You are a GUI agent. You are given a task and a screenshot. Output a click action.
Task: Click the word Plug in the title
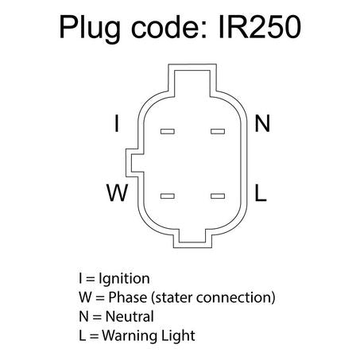(90, 29)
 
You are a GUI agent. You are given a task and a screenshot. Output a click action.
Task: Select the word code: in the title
(169, 26)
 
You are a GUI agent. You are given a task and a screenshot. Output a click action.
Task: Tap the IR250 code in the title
(260, 27)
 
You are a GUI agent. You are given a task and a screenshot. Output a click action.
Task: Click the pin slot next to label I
(168, 131)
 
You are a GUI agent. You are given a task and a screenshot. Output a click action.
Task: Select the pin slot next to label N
(218, 131)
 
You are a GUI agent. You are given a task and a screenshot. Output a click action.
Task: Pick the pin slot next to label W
(168, 196)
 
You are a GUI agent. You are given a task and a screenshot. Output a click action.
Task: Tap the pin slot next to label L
(218, 196)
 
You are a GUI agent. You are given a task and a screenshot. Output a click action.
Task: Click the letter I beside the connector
(117, 123)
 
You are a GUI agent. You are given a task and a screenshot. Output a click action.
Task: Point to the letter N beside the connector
(262, 123)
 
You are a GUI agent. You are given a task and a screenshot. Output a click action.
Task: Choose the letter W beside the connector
(118, 192)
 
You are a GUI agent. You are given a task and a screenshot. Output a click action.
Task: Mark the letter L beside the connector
(261, 192)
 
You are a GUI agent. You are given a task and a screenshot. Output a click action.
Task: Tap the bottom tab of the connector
(192, 238)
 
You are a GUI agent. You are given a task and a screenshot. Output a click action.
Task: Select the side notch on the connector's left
(134, 163)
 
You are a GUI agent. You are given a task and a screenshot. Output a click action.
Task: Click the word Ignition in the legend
(124, 280)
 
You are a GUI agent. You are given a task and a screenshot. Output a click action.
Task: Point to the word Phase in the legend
(128, 297)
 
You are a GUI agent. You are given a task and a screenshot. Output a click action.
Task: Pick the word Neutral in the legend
(130, 316)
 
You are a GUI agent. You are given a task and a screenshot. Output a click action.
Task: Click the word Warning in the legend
(130, 336)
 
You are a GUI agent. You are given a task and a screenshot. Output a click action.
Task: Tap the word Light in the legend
(178, 336)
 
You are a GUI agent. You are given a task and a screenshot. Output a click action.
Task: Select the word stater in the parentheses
(173, 298)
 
